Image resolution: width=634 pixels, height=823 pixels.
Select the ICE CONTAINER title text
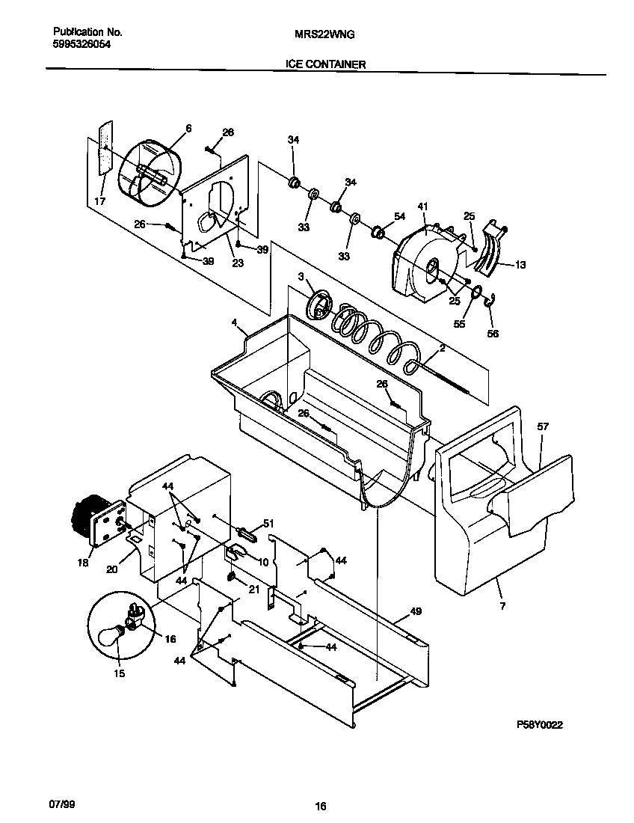click(325, 64)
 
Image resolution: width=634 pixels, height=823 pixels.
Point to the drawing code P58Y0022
click(539, 725)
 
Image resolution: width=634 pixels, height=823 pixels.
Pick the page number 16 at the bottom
click(320, 807)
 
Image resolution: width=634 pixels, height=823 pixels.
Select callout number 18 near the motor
click(84, 563)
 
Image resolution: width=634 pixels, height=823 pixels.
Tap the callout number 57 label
click(543, 426)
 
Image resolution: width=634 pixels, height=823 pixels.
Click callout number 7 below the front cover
click(502, 606)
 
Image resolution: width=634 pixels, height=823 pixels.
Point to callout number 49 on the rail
click(416, 612)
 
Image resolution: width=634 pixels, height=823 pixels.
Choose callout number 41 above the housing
click(422, 206)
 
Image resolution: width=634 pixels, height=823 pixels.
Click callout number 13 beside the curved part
click(520, 264)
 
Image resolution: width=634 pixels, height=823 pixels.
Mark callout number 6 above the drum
click(188, 129)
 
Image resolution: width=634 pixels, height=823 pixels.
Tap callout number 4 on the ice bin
click(234, 323)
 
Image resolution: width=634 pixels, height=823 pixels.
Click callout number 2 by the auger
click(443, 349)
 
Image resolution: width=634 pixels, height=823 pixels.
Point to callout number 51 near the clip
click(269, 524)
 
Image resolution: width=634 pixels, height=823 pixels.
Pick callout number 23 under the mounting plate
click(238, 263)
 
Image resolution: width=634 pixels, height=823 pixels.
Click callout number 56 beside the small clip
click(493, 334)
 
